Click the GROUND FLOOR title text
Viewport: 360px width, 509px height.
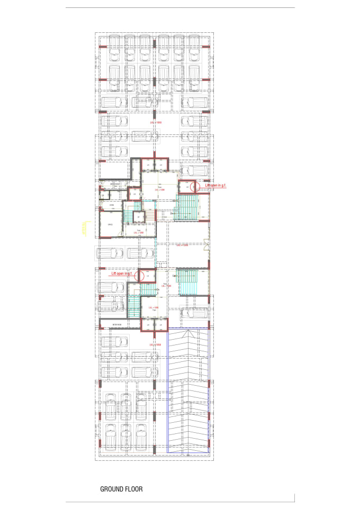click(x=121, y=489)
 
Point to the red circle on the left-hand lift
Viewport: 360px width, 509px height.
click(x=140, y=275)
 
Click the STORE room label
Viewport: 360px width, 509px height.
click(x=112, y=205)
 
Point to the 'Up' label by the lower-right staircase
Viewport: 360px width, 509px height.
click(x=174, y=276)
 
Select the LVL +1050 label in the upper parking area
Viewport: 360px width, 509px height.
click(x=155, y=122)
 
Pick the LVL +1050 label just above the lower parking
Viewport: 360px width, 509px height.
click(x=155, y=344)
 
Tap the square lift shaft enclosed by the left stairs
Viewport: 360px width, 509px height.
click(x=138, y=217)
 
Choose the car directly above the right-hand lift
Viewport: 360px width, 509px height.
click(x=194, y=171)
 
